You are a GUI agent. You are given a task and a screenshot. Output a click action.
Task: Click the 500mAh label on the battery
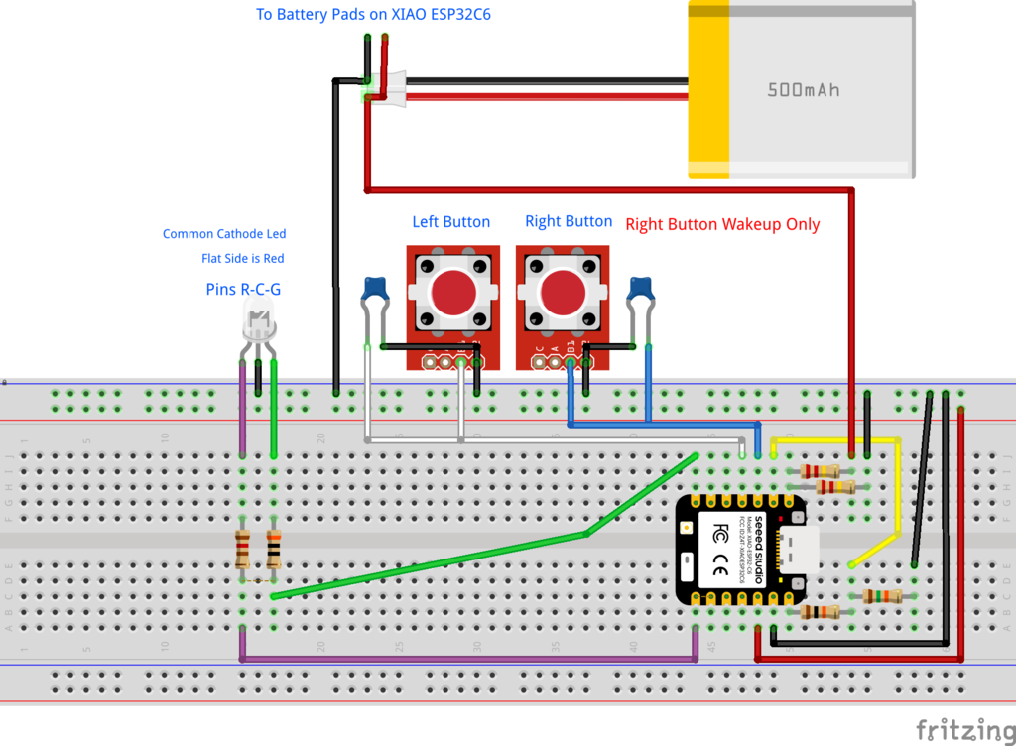click(x=803, y=90)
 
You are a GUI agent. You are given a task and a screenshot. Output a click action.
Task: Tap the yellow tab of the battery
click(x=709, y=89)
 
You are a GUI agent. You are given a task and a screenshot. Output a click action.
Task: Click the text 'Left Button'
click(x=451, y=222)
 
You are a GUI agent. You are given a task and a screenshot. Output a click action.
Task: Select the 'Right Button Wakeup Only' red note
click(x=722, y=224)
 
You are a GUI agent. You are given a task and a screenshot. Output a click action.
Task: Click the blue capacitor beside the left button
click(x=375, y=289)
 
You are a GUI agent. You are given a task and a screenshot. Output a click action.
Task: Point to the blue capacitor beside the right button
click(x=640, y=289)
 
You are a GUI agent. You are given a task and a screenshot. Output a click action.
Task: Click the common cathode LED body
click(x=260, y=322)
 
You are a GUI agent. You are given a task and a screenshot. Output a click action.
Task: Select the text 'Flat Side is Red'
click(x=242, y=259)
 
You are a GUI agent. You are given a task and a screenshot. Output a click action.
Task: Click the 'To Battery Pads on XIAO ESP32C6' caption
click(x=387, y=15)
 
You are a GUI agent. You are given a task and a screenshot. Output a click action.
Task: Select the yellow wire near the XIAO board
click(x=898, y=496)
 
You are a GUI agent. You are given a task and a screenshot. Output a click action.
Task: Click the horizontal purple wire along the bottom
click(x=466, y=658)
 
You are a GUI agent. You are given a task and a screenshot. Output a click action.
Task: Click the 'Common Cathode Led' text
click(x=224, y=234)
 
